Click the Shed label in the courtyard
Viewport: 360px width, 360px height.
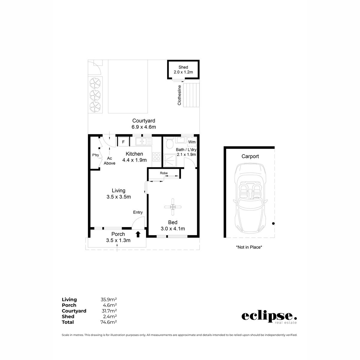click(183, 67)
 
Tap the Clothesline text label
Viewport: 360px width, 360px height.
click(179, 95)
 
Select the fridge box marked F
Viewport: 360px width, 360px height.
click(123, 142)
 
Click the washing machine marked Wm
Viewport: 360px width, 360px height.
click(192, 142)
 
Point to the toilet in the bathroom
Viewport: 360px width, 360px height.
click(169, 143)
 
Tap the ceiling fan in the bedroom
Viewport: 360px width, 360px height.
click(173, 207)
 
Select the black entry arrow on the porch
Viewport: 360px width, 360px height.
click(138, 234)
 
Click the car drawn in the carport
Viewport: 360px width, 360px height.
click(250, 199)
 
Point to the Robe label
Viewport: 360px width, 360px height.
click(163, 173)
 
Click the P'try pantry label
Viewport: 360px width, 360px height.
click(95, 155)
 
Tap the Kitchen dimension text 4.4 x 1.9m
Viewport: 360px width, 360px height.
click(134, 160)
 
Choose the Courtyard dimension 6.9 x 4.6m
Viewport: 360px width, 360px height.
click(143, 127)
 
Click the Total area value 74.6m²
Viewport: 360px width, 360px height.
click(109, 322)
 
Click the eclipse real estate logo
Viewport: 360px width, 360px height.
click(269, 317)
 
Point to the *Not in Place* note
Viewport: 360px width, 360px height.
click(249, 247)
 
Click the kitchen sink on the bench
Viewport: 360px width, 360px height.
click(143, 141)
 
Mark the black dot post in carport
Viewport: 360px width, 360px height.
click(273, 223)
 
